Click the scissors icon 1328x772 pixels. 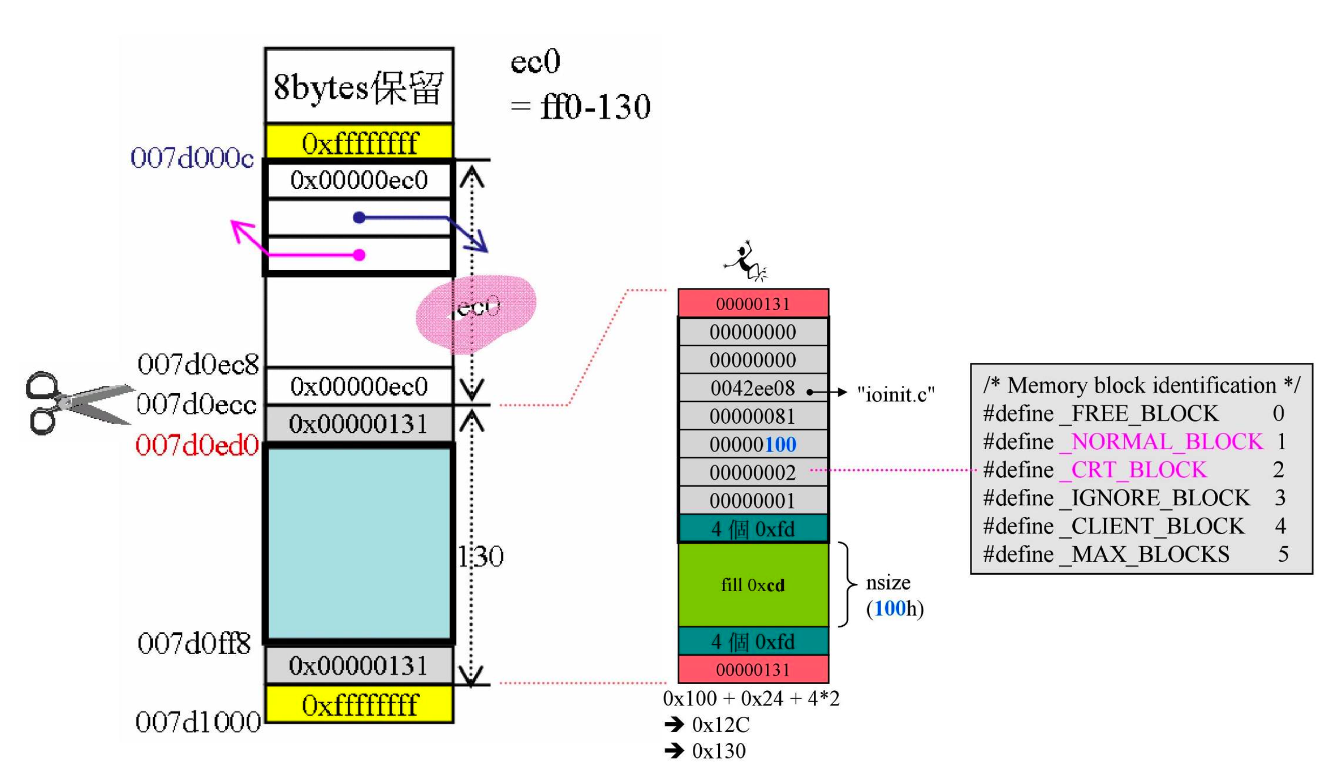click(79, 403)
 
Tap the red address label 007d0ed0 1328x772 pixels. click(197, 445)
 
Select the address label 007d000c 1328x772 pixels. click(192, 158)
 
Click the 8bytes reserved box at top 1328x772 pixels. click(359, 86)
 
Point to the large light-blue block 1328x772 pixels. click(360, 544)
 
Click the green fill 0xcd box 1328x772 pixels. click(753, 585)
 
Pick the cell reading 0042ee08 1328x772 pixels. click(752, 389)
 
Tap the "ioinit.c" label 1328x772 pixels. click(895, 394)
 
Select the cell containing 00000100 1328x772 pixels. click(752, 445)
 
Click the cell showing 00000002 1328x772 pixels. click(752, 473)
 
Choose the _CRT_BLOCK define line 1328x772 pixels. click(1133, 470)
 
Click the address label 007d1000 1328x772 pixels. click(198, 722)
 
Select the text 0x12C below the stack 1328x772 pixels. click(720, 725)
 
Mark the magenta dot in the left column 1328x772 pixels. click(360, 255)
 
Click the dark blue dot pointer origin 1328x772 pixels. click(360, 217)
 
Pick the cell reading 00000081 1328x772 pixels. click(752, 417)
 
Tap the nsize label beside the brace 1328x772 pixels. click(888, 582)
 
